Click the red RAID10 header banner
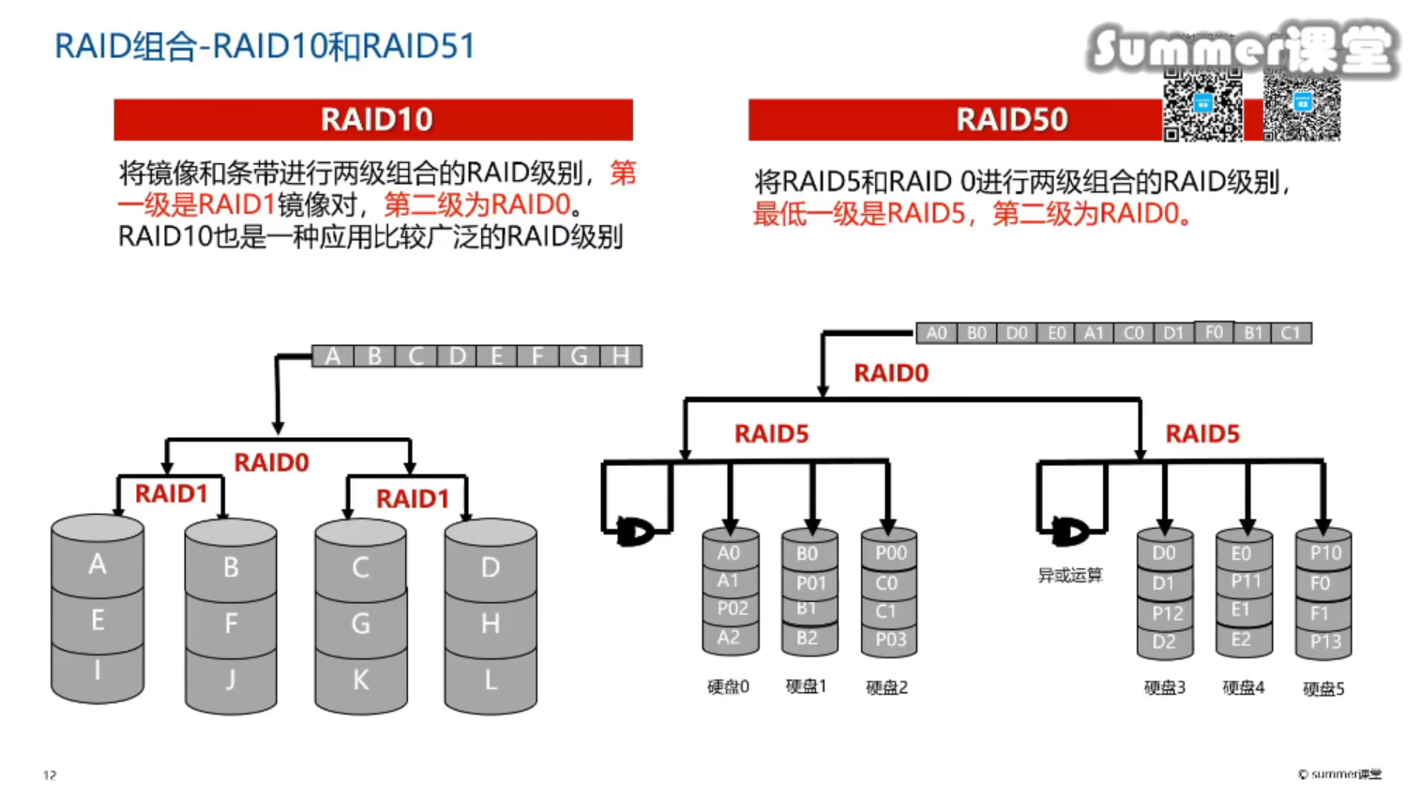373,120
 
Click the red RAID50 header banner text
1011,120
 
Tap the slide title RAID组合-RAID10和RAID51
265,46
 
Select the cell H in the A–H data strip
620,356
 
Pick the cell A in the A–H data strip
332,356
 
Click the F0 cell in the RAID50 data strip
1214,333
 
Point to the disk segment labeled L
490,680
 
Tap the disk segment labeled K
360,680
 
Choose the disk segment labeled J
231,680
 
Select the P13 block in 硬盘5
1324,641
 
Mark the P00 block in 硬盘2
890,553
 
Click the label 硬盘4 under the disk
1243,687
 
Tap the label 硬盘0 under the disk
728,687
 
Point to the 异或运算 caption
1069,575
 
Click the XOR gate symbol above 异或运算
1069,532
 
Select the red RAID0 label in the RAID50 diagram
890,373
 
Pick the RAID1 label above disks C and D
412,499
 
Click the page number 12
50,775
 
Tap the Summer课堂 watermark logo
1242,49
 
